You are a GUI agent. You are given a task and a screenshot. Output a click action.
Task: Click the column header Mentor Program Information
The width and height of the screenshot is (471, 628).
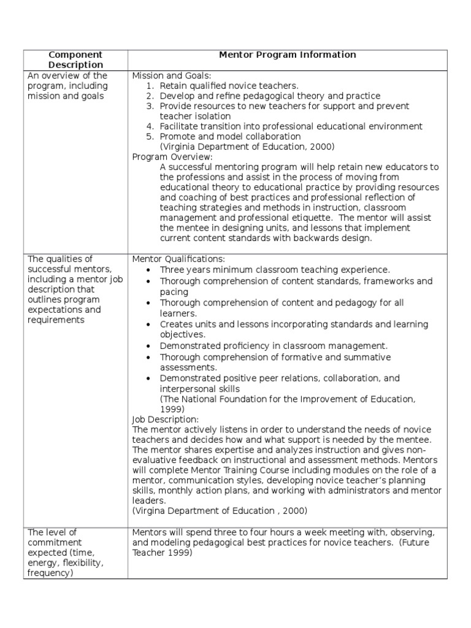(287, 55)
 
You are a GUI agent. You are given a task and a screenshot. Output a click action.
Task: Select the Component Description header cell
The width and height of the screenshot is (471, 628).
(75, 59)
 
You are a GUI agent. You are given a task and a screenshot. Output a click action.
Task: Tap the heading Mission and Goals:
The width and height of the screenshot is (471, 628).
(172, 76)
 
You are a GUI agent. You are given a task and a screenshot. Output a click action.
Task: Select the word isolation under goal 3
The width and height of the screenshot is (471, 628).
(210, 116)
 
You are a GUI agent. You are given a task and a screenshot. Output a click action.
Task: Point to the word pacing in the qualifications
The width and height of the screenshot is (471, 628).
(174, 292)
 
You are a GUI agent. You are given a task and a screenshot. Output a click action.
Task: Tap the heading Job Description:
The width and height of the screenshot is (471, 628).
(166, 419)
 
